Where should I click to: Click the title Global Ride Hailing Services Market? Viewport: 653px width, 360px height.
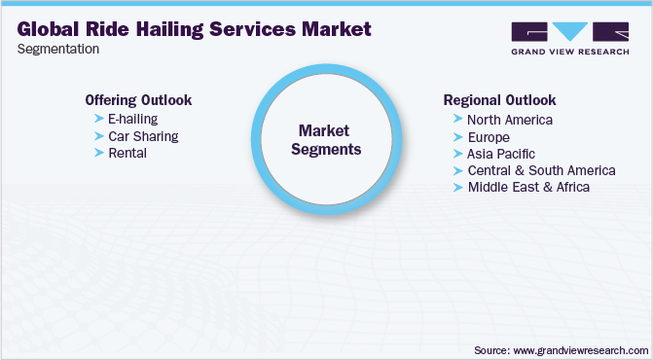tap(195, 29)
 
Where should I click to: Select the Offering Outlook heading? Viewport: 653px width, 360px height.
tap(138, 100)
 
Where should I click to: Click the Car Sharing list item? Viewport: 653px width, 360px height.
tap(143, 136)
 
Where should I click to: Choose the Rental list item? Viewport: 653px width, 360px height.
tap(127, 153)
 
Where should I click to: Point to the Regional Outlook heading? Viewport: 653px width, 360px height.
tap(499, 100)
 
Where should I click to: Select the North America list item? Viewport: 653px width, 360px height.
tap(510, 120)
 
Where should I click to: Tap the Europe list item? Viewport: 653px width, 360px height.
tap(489, 137)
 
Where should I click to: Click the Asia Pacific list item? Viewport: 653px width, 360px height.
tap(501, 154)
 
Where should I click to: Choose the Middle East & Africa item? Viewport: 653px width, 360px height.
tap(528, 187)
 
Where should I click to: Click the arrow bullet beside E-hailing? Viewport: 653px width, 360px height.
tap(98, 119)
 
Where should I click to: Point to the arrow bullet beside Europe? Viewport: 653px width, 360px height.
tap(458, 137)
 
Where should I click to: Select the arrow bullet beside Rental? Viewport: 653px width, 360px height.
tap(98, 153)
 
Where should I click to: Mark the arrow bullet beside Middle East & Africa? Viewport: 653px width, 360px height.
tap(458, 187)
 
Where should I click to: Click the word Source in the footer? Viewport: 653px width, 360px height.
tap(493, 348)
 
